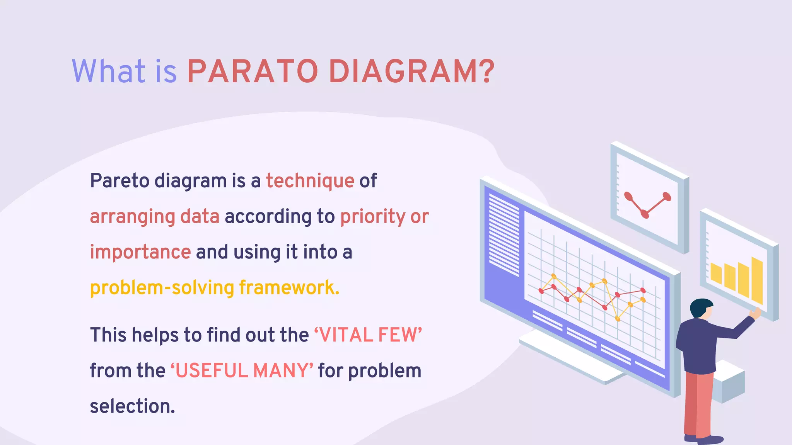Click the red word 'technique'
(x=310, y=181)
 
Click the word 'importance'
(x=140, y=252)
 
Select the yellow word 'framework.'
(x=289, y=288)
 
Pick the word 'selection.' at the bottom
(x=133, y=406)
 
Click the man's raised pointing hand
(x=756, y=313)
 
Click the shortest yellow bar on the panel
(x=716, y=273)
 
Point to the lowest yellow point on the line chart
(x=618, y=319)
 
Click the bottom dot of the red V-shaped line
(x=645, y=213)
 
